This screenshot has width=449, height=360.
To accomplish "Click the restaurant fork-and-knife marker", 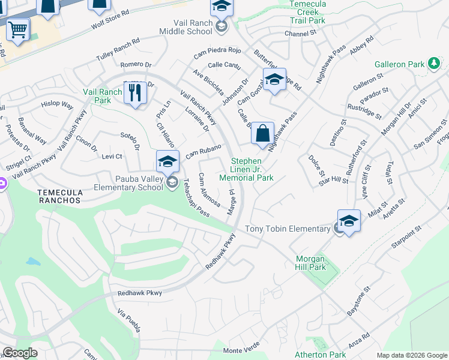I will click(135, 93).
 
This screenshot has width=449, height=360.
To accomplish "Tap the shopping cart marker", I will click(17, 28).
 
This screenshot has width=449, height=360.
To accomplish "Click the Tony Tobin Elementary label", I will click(288, 229).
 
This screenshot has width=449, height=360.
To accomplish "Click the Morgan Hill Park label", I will click(310, 263).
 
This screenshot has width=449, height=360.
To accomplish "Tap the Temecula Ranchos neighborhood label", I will click(59, 196).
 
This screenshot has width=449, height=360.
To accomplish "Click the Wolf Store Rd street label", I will click(110, 20).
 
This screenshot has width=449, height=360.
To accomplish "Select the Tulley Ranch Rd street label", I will click(118, 50).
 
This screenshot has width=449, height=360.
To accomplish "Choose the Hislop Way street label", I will click(57, 105).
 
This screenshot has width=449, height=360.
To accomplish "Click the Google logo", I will click(20, 353).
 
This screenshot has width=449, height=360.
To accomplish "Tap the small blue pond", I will click(33, 262).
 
